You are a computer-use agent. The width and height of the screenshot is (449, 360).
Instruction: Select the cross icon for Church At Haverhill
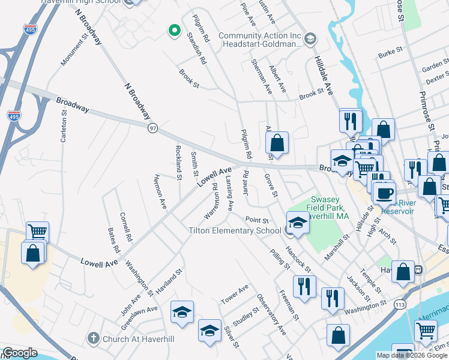tap(93, 338)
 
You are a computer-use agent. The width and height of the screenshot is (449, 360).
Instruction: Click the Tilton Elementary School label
tap(235, 230)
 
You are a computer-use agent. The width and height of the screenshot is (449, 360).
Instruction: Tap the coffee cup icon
tap(384, 193)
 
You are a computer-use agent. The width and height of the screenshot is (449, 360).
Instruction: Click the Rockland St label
tap(178, 161)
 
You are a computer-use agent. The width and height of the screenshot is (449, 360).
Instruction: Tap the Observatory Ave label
tap(271, 313)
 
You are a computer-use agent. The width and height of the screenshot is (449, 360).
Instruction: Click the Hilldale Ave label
tap(324, 76)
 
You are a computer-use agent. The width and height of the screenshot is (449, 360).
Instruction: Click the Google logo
tap(20, 353)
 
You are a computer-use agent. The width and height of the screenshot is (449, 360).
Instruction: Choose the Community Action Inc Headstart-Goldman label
tap(259, 40)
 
